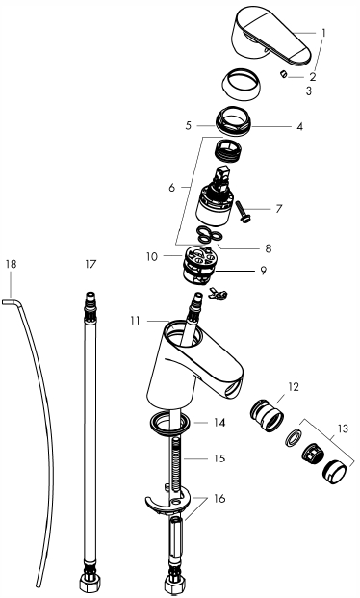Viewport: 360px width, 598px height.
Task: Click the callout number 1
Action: tap(323, 33)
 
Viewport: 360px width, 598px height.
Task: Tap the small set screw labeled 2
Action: tap(283, 73)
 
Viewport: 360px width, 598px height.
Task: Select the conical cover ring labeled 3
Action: tap(241, 86)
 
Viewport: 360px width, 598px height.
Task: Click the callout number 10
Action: tap(151, 257)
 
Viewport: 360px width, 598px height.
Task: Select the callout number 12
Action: tap(294, 387)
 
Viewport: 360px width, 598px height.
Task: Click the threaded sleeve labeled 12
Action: tap(267, 414)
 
